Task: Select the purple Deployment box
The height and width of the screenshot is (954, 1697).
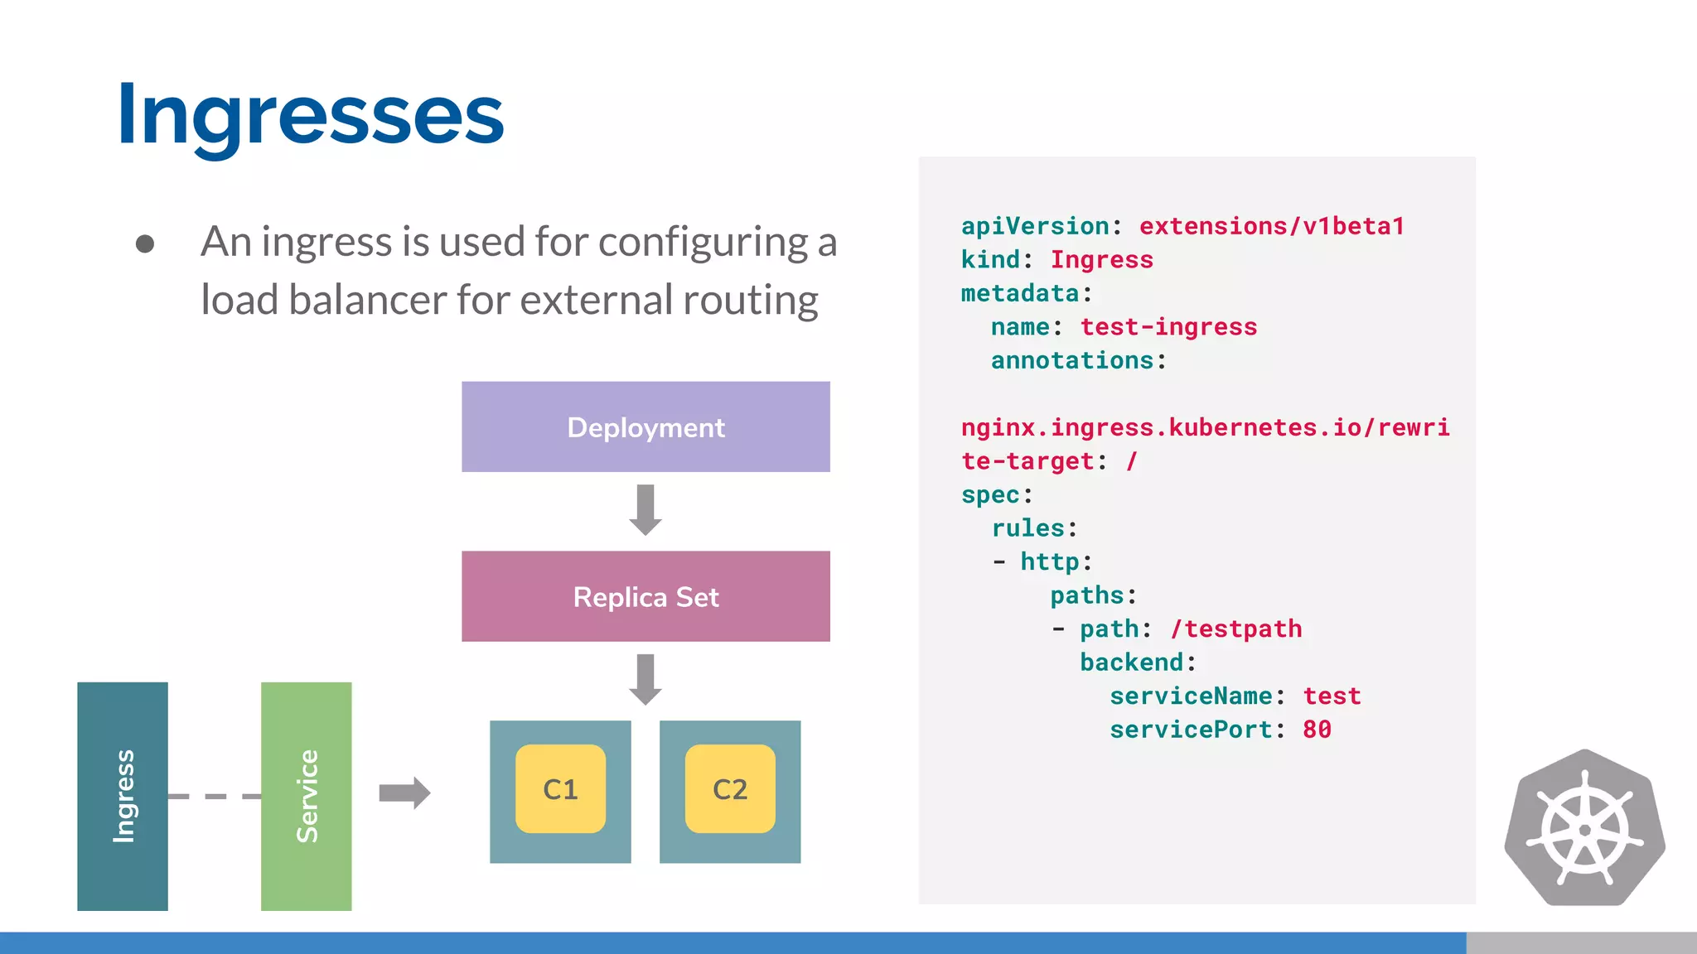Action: tap(645, 426)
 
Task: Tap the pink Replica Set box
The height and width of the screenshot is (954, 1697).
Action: tap(645, 596)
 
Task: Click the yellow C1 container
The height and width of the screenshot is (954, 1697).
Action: tap(560, 789)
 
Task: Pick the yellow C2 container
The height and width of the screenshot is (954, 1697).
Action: tap(730, 789)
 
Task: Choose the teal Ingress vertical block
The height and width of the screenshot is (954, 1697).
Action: tap(123, 796)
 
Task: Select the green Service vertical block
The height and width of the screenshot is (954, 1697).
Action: tap(306, 796)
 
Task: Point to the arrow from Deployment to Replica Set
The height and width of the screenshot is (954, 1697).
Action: tap(645, 509)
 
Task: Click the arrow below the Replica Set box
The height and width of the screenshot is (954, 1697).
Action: tap(645, 679)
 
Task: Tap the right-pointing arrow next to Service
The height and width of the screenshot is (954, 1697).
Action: tap(404, 793)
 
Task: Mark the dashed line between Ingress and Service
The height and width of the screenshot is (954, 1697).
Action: tap(214, 797)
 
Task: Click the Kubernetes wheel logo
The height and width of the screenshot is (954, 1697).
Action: tap(1584, 828)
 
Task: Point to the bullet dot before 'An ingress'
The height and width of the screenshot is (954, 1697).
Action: tap(145, 243)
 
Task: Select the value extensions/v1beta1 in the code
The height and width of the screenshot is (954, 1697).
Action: tap(1271, 226)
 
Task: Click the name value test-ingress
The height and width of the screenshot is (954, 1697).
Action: tap(1168, 327)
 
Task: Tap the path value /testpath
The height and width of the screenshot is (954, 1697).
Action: tap(1236, 629)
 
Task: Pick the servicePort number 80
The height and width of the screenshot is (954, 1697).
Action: tap(1317, 730)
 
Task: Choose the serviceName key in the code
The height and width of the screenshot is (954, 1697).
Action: tap(1191, 696)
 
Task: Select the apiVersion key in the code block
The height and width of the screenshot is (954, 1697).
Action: tap(1035, 226)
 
